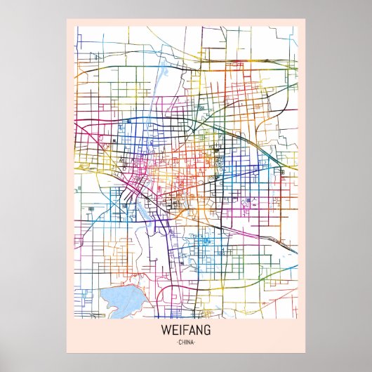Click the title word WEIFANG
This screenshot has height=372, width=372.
(186, 330)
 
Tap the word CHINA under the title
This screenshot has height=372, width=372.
(186, 342)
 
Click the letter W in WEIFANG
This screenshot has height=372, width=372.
(166, 330)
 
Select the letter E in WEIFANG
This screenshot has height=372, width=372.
(174, 330)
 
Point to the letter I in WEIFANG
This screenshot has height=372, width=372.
(180, 330)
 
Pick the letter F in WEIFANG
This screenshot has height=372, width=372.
(185, 330)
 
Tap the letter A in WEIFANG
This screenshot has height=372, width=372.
(192, 330)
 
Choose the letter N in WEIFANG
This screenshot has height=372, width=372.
(199, 330)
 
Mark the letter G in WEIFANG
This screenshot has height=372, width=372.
(207, 330)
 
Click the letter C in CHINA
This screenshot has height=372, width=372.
(180, 342)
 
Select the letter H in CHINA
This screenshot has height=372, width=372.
(183, 342)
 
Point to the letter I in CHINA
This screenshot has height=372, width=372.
(186, 342)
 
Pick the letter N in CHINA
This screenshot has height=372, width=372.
(189, 342)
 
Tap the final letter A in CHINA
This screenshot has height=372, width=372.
(192, 342)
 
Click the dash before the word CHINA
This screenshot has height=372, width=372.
(177, 342)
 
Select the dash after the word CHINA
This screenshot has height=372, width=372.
(195, 342)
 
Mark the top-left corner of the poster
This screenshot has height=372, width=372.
(66, 19)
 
